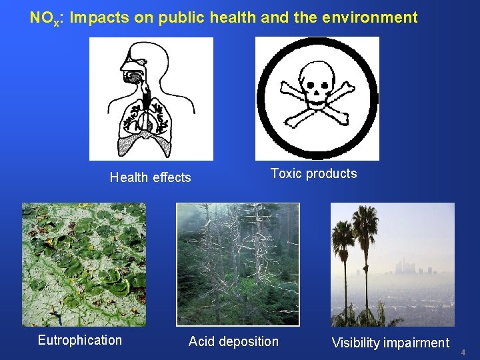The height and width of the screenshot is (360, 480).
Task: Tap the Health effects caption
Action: point(150,177)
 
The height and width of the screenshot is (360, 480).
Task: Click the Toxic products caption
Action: point(313,173)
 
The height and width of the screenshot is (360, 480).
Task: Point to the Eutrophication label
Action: point(80,340)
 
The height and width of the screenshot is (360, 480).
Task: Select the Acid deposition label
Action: point(233,341)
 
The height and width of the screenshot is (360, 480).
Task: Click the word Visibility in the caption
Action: point(355,343)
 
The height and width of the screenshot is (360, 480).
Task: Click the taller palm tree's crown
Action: point(366,219)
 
